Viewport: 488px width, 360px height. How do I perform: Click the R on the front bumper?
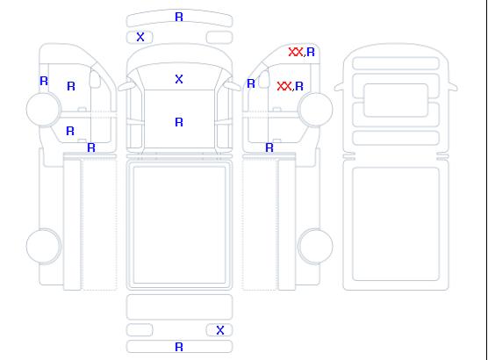tap(179, 17)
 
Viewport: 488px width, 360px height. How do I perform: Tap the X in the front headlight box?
tap(140, 37)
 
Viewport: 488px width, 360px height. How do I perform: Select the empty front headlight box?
tap(219, 38)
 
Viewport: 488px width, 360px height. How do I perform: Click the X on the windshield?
tap(179, 79)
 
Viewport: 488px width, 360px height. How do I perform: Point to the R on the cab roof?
tap(179, 122)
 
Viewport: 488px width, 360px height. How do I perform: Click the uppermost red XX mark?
tap(296, 52)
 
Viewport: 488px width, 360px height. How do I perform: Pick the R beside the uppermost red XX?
tap(311, 52)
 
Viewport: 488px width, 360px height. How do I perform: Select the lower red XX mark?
tap(284, 86)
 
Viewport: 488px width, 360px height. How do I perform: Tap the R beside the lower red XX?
tap(299, 86)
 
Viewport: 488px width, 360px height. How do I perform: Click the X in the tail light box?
tap(220, 330)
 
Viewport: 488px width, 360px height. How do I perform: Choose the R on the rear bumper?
tap(179, 347)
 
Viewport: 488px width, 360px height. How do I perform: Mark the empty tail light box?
tap(140, 330)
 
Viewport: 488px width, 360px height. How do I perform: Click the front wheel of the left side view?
tap(44, 109)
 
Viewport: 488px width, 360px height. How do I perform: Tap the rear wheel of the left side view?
tap(44, 246)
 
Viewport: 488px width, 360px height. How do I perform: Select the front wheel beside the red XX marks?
tap(315, 109)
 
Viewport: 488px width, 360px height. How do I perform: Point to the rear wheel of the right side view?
tap(315, 246)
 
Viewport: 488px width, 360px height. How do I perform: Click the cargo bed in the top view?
tap(179, 225)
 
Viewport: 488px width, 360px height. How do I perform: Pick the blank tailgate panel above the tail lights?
tap(179, 307)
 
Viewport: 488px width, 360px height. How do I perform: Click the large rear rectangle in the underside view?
tap(396, 224)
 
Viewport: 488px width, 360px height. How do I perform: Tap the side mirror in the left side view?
tap(95, 79)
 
